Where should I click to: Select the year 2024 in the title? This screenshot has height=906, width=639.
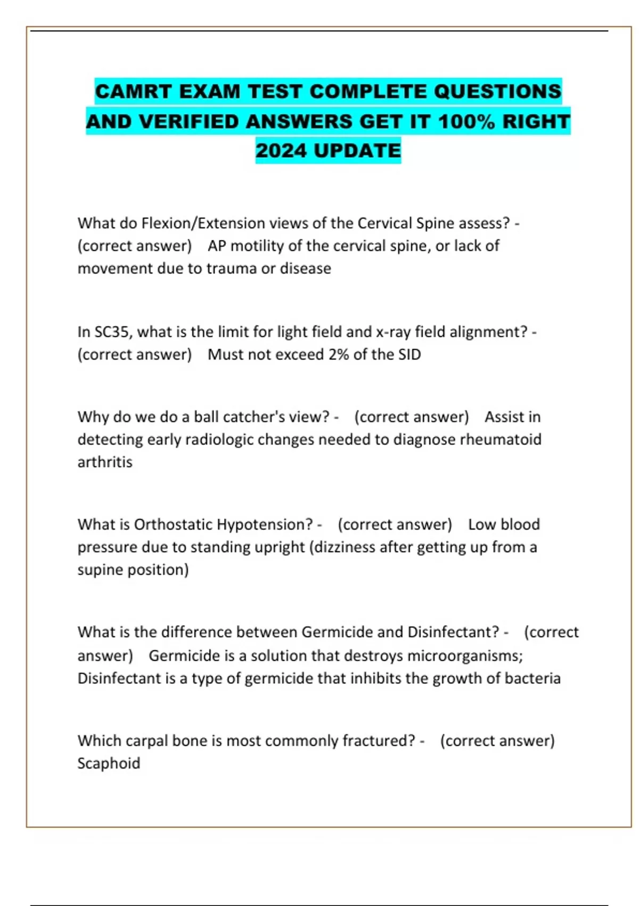(x=281, y=151)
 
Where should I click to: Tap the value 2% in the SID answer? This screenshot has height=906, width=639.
(x=338, y=354)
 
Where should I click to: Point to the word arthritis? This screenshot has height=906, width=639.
(x=105, y=462)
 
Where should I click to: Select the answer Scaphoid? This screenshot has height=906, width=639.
(x=109, y=763)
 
